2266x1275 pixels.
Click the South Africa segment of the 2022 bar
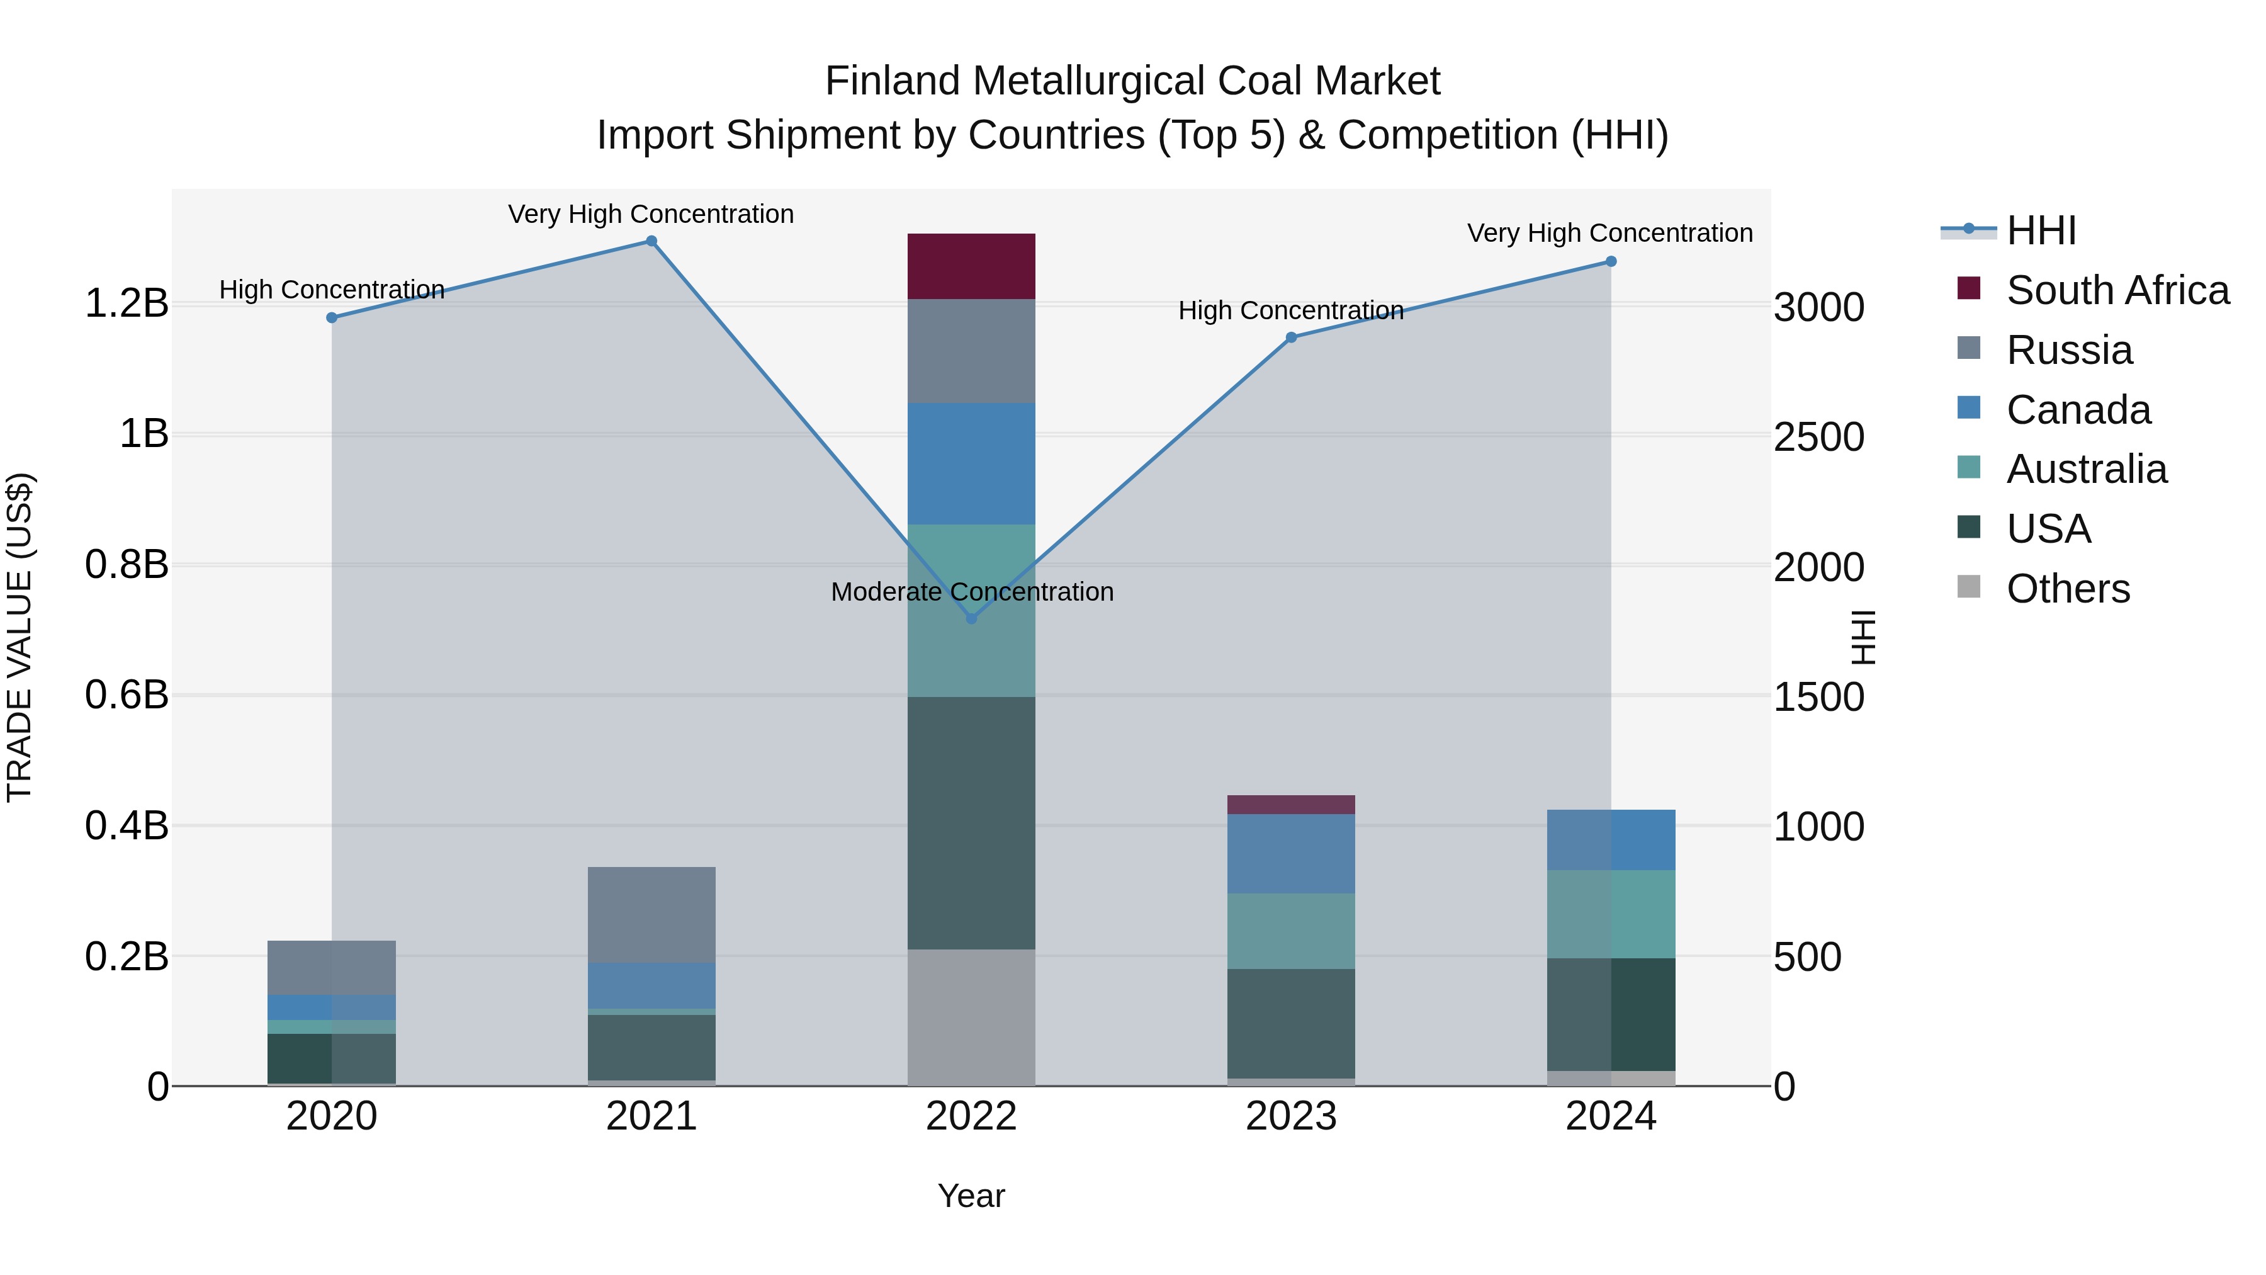click(x=971, y=266)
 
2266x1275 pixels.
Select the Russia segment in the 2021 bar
click(x=651, y=914)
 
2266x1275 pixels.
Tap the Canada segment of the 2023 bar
click(x=1290, y=854)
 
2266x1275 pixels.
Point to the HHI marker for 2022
click(x=971, y=618)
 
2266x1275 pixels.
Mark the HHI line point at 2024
click(x=1611, y=261)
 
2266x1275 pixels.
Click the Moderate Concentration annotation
click(x=971, y=592)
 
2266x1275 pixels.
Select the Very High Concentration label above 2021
click(x=651, y=215)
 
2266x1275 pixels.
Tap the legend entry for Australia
click(x=2086, y=469)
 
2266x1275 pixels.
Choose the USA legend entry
click(x=2048, y=529)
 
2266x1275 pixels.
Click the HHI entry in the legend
click(x=2041, y=230)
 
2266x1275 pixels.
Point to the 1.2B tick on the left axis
click(x=127, y=303)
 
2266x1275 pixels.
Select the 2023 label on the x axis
click(x=1290, y=1116)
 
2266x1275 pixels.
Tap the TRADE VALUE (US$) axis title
click(x=20, y=637)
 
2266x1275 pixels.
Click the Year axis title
click(x=971, y=1196)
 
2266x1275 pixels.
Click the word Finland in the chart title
click(x=893, y=82)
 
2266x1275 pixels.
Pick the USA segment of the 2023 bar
click(x=1290, y=1023)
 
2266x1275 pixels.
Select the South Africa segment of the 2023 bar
click(x=1290, y=804)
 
